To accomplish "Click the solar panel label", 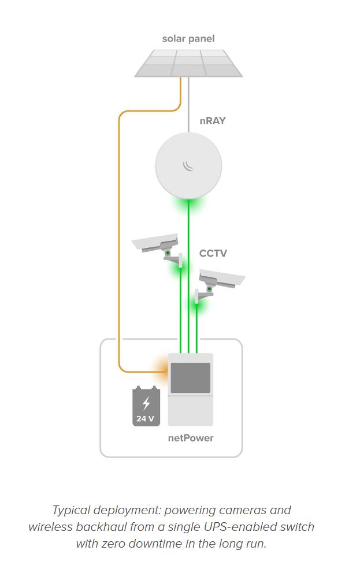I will click(188, 39).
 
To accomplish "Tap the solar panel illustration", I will click(188, 63).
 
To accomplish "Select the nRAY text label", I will click(212, 121).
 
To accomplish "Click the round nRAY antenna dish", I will click(188, 165).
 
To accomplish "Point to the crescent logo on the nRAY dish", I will click(188, 166).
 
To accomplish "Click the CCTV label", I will click(213, 253).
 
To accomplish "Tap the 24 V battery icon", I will click(146, 407).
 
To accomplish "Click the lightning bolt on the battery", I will click(146, 402).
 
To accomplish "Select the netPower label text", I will click(191, 438).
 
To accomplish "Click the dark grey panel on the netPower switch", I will click(191, 378).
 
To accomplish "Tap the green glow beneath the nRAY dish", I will click(188, 204).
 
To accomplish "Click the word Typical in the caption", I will click(71, 510).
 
